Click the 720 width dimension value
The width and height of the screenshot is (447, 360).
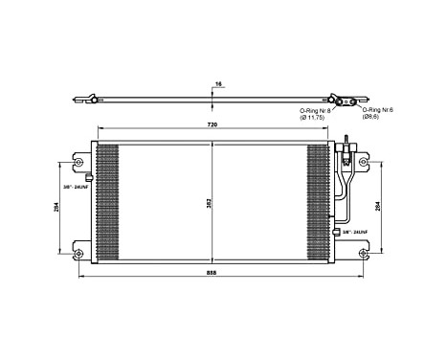[x=212, y=126]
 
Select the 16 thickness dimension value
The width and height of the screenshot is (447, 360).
[x=217, y=84]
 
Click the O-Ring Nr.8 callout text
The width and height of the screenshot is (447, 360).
[x=315, y=110]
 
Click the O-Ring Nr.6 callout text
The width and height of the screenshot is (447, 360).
[x=376, y=110]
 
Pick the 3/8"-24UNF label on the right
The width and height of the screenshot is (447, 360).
[x=351, y=232]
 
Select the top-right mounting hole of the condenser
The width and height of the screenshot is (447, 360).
[x=363, y=161]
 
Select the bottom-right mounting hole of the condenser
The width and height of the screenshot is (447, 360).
[x=363, y=253]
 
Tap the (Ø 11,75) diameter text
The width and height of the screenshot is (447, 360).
[x=315, y=118]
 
